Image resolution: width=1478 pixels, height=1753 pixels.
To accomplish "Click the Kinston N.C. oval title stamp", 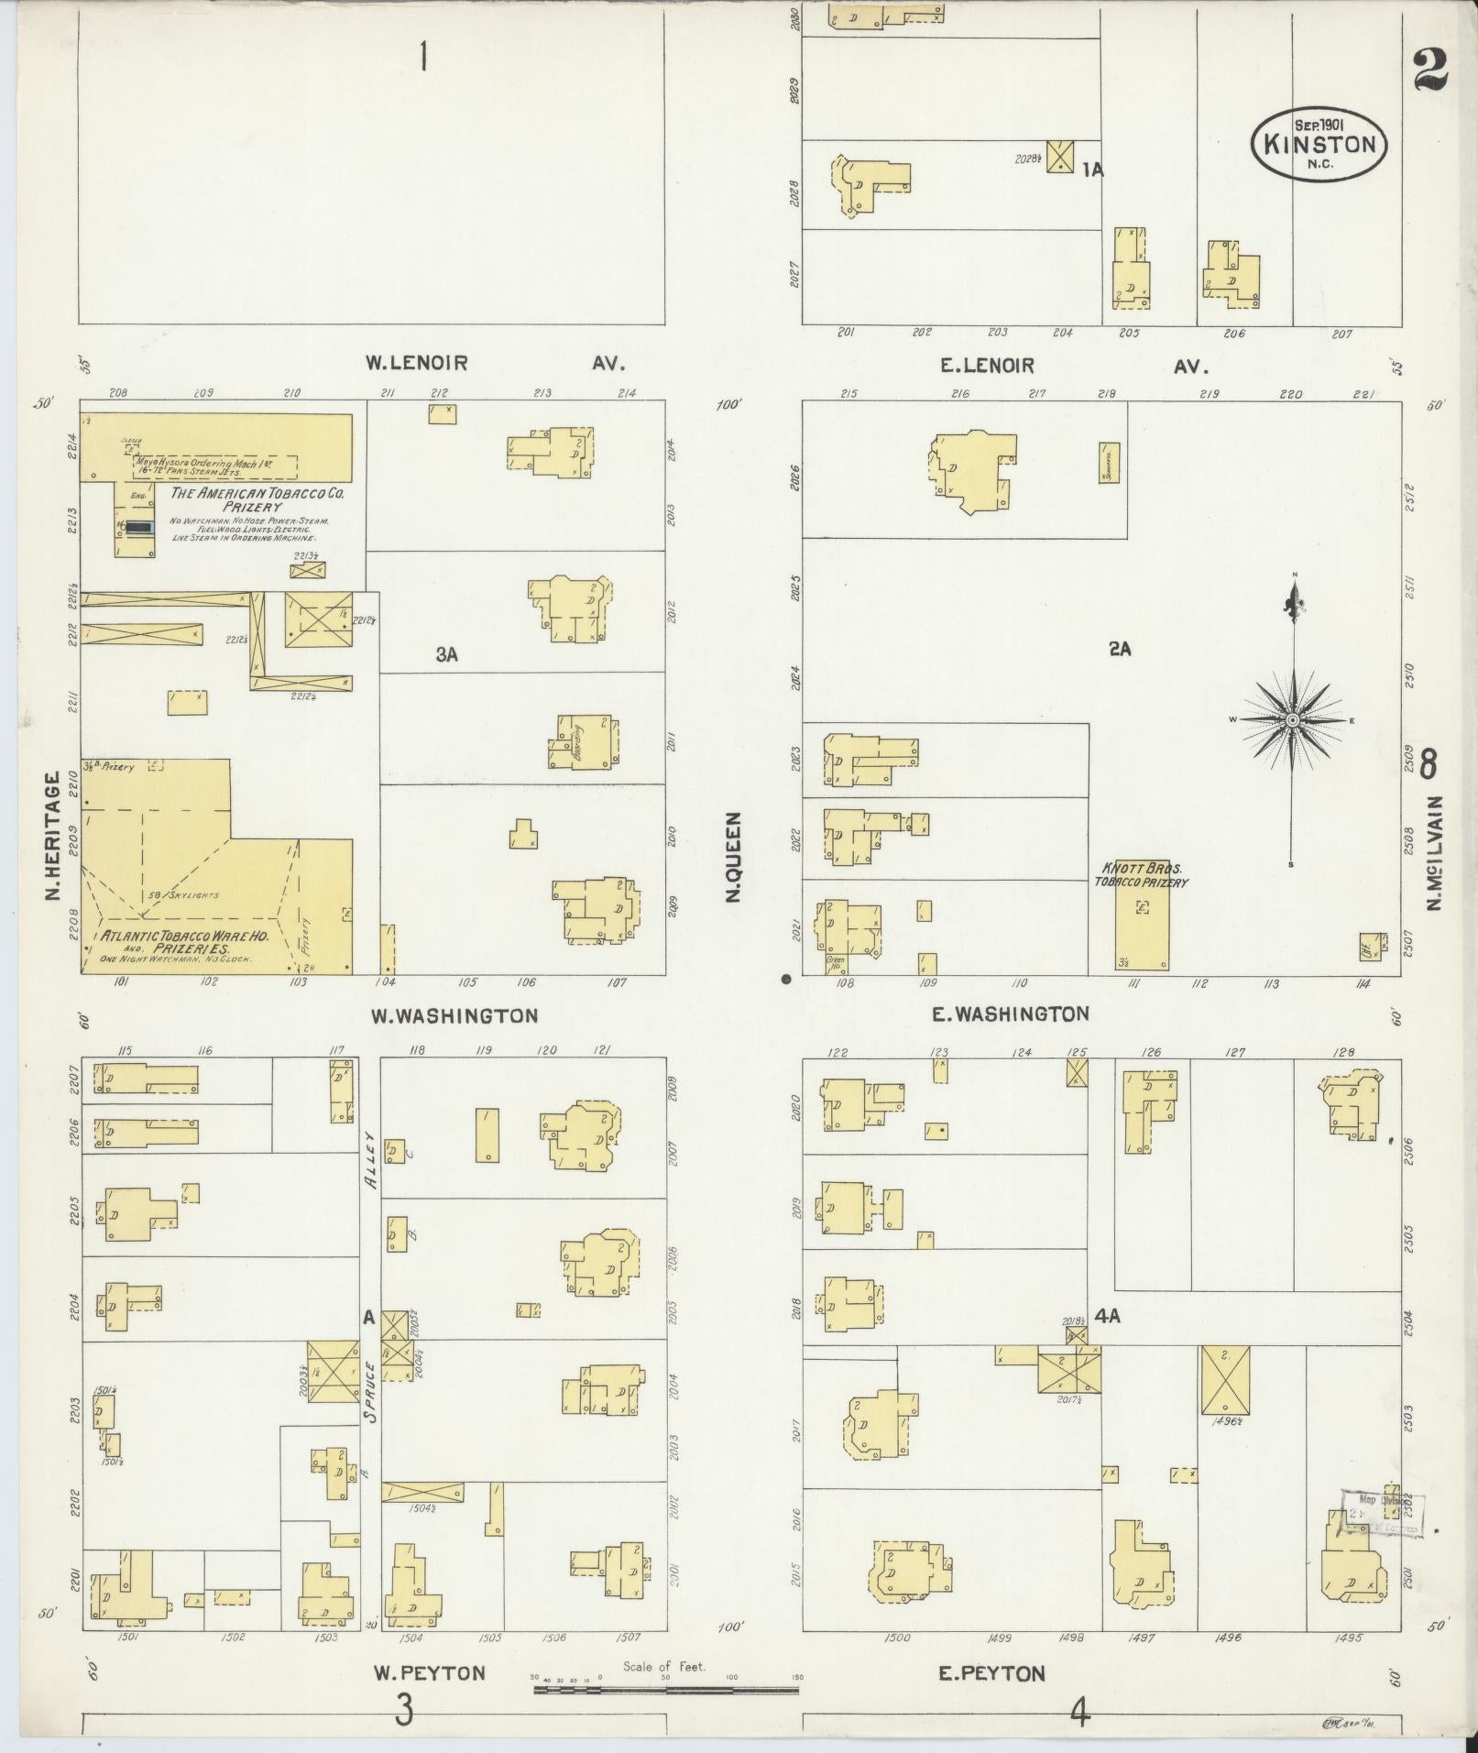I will pyautogui.click(x=1319, y=144).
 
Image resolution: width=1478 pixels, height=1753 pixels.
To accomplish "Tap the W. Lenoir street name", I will pyautogui.click(x=416, y=363).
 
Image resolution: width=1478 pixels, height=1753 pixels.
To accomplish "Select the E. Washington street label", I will pyautogui.click(x=1009, y=1013).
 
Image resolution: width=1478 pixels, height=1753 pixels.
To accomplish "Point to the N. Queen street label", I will pyautogui.click(x=733, y=857).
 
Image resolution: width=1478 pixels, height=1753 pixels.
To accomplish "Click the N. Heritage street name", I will pyautogui.click(x=54, y=836).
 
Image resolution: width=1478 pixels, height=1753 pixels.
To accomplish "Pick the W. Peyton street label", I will pyautogui.click(x=428, y=1673).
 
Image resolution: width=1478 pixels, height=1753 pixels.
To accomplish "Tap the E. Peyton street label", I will pyautogui.click(x=991, y=1674).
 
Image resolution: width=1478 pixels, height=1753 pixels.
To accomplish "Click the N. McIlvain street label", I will pyautogui.click(x=1434, y=852).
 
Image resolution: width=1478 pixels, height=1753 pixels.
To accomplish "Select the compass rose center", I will pyautogui.click(x=1292, y=720).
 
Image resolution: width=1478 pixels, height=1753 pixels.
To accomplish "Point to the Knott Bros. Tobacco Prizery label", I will pyautogui.click(x=1140, y=874).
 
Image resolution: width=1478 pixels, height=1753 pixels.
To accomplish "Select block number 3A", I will pyautogui.click(x=446, y=654).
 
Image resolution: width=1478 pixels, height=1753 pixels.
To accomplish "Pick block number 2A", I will pyautogui.click(x=1120, y=649).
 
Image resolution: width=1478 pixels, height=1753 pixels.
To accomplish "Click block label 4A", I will pyautogui.click(x=1108, y=1317).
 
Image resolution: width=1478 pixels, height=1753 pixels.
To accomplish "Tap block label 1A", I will pyautogui.click(x=1091, y=170).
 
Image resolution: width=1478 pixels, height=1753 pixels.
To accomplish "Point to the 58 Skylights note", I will pyautogui.click(x=183, y=894).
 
